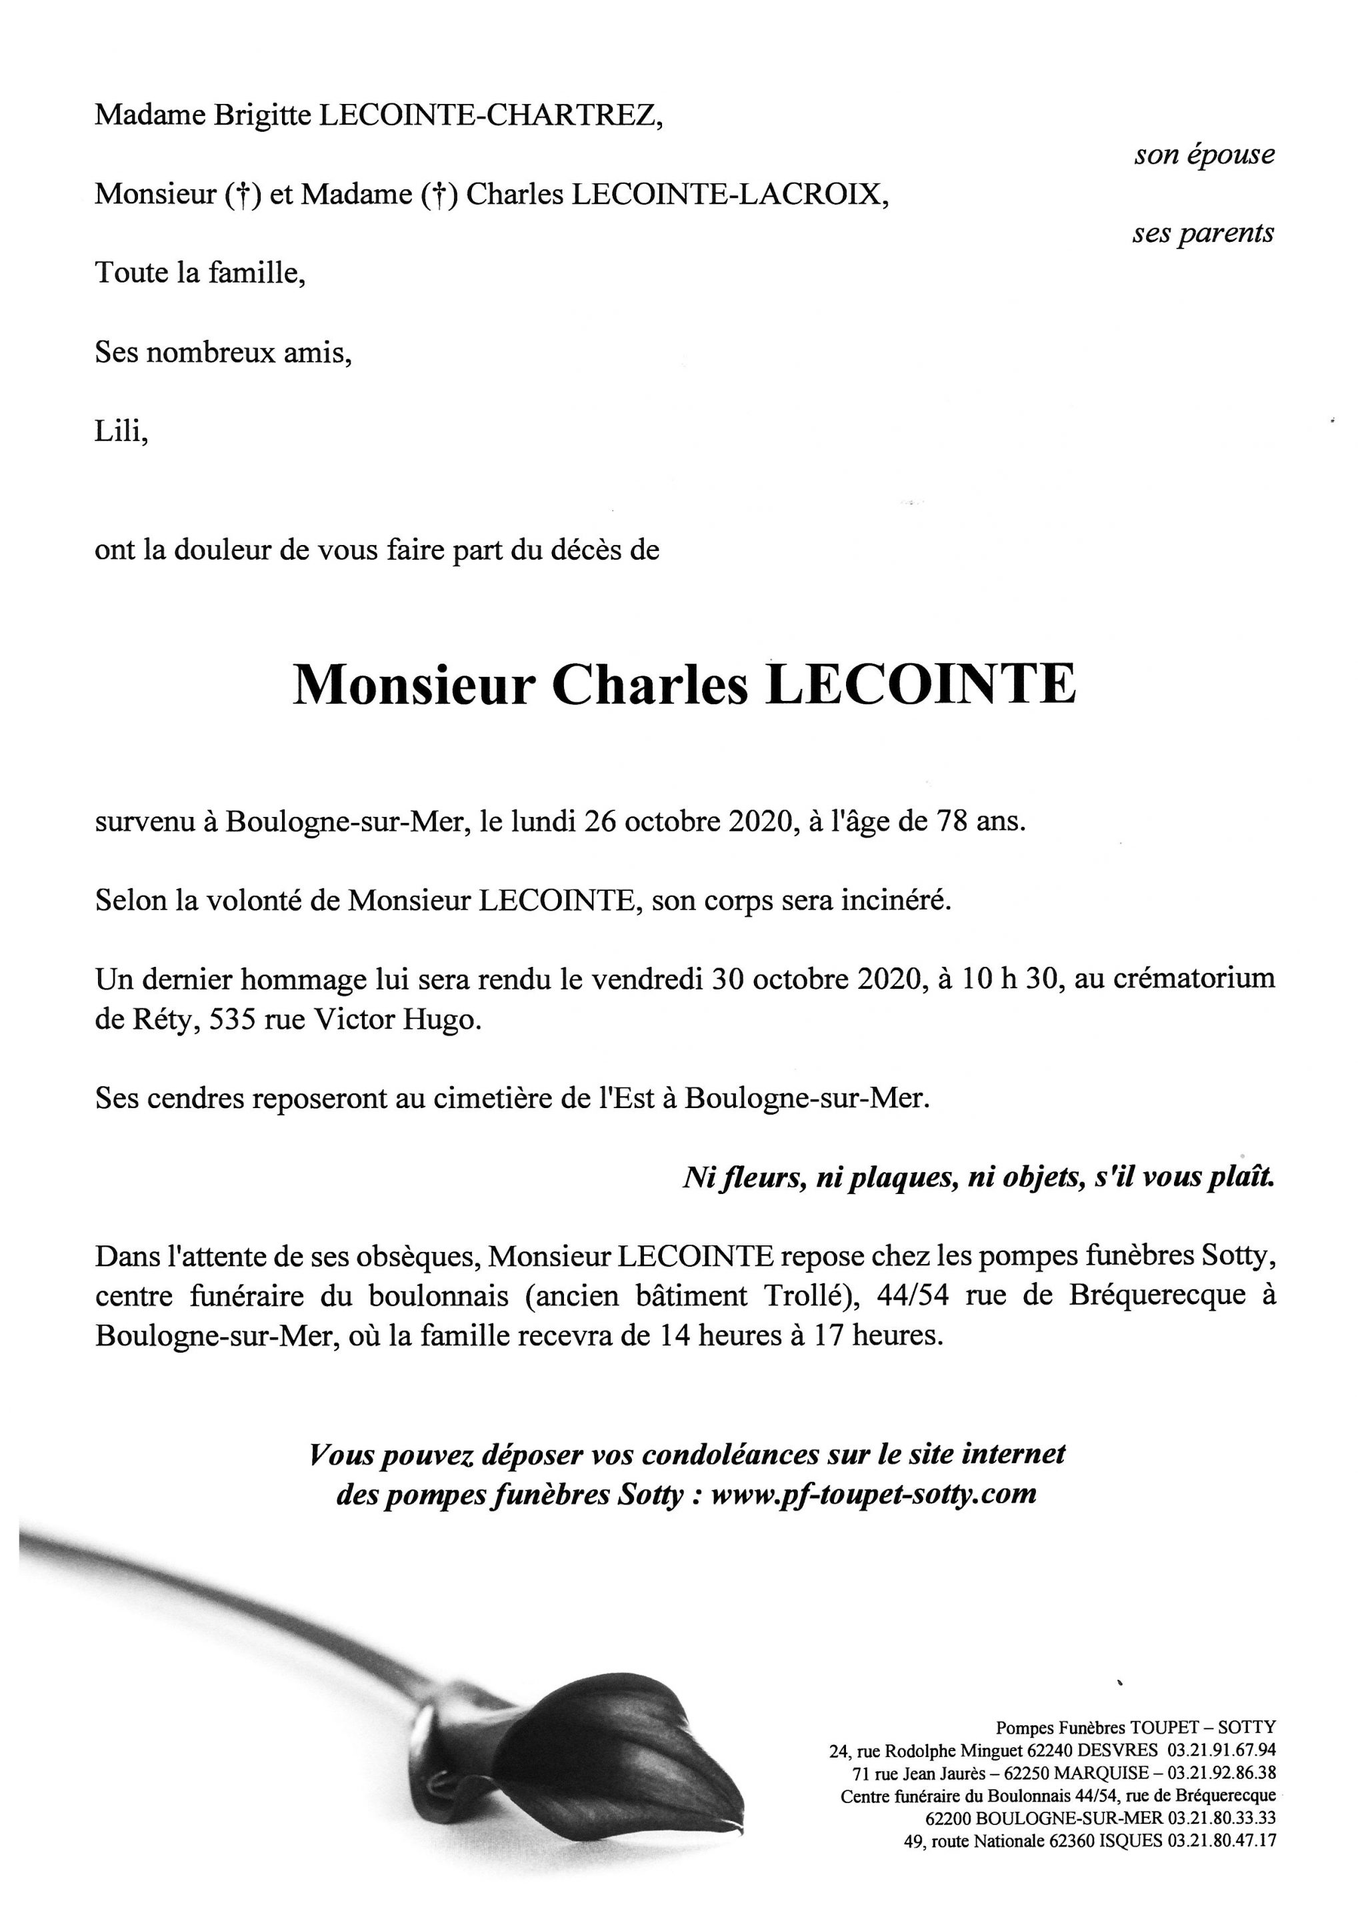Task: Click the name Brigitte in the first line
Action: pyautogui.click(x=263, y=115)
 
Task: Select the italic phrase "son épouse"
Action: pyautogui.click(x=1204, y=155)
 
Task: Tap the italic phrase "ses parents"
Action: pyautogui.click(x=1203, y=233)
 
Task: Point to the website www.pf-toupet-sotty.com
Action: pyautogui.click(x=873, y=1495)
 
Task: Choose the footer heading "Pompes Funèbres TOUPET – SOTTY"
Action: pyautogui.click(x=1135, y=1728)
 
